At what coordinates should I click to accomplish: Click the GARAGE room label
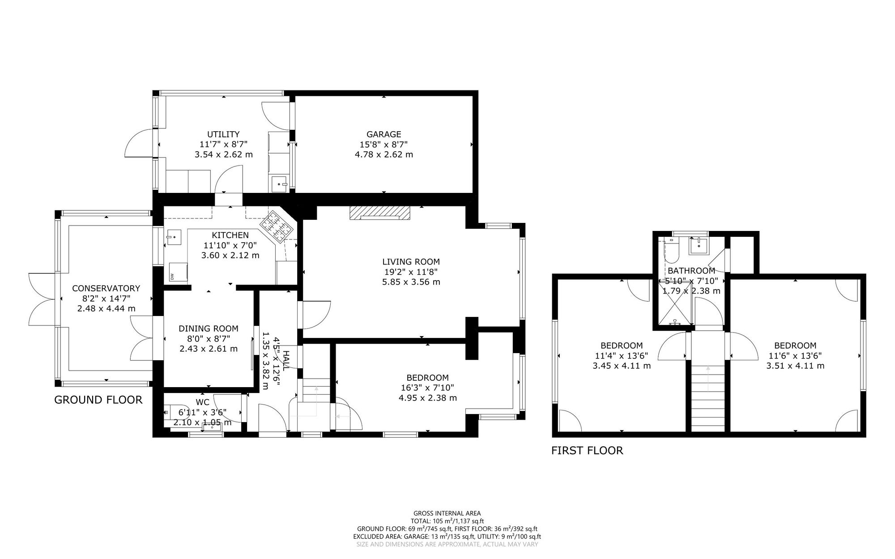(384, 134)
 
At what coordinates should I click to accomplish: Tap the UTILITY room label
(223, 134)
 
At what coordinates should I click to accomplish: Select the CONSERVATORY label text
(106, 289)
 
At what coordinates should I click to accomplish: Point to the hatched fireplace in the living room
(379, 213)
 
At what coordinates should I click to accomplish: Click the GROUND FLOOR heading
(98, 400)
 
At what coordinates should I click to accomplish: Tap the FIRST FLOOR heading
(587, 451)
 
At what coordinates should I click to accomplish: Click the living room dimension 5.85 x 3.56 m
(411, 282)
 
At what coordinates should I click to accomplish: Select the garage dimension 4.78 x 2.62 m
(384, 155)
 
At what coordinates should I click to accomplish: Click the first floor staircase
(707, 394)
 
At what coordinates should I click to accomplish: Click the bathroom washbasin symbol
(698, 246)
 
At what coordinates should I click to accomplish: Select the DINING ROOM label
(208, 329)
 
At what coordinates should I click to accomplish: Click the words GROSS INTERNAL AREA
(447, 513)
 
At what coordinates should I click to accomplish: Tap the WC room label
(202, 402)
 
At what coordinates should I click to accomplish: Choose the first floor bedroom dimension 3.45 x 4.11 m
(621, 366)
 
